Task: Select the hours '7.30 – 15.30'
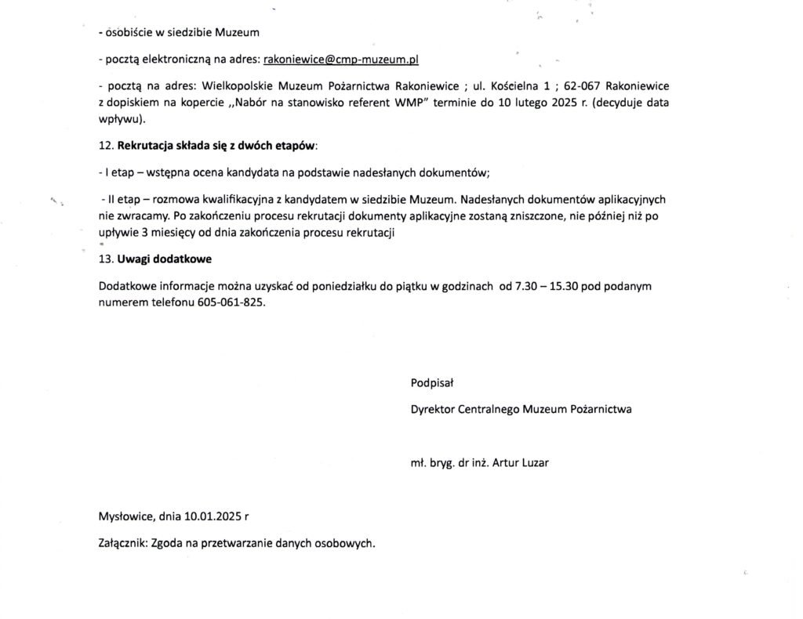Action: tap(546, 286)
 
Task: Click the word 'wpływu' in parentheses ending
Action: tap(119, 120)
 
